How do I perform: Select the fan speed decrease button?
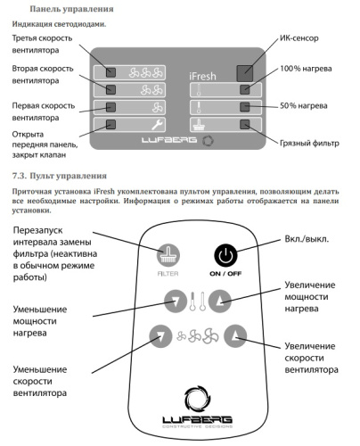point(160,336)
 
